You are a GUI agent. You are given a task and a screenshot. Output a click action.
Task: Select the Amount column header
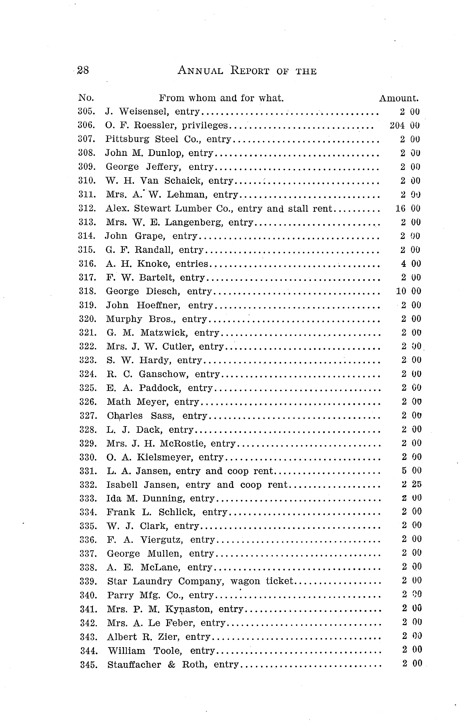[x=399, y=98]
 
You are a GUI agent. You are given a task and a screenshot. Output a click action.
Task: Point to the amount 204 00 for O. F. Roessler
[x=405, y=125]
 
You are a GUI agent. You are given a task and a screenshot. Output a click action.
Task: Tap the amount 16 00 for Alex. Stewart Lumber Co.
[x=408, y=208]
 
